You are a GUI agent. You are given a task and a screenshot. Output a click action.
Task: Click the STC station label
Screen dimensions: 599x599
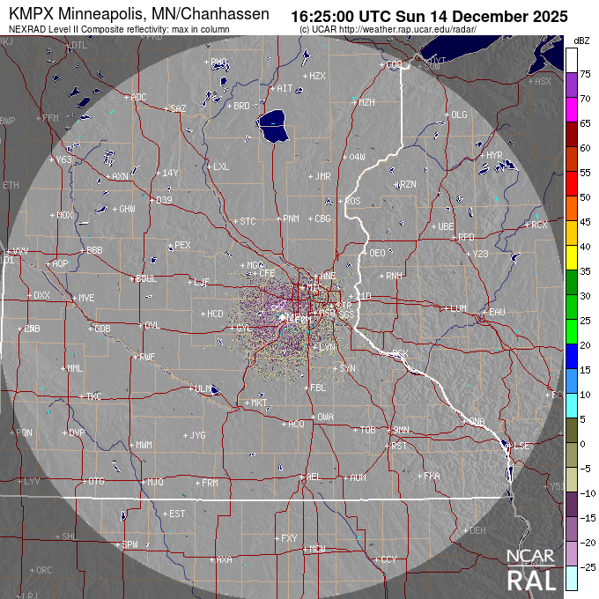pyautogui.click(x=248, y=221)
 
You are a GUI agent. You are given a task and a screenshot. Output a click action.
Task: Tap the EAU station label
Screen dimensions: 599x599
pyautogui.click(x=497, y=312)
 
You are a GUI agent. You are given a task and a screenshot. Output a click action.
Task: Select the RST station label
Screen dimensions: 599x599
pyautogui.click(x=399, y=446)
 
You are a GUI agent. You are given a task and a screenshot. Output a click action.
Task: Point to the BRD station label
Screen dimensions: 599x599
pyautogui.click(x=240, y=106)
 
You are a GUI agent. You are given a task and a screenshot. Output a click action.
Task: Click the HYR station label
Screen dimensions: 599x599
pyautogui.click(x=493, y=155)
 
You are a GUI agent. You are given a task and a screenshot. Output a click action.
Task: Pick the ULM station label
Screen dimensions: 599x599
pyautogui.click(x=203, y=388)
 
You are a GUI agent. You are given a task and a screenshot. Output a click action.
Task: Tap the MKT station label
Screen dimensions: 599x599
pyautogui.click(x=259, y=403)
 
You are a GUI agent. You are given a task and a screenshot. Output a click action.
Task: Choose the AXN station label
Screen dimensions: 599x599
pyautogui.click(x=120, y=176)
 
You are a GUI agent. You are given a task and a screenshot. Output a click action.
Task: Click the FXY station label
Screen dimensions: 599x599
pyautogui.click(x=289, y=537)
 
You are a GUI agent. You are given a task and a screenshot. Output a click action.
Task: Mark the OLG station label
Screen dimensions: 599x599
pyautogui.click(x=459, y=115)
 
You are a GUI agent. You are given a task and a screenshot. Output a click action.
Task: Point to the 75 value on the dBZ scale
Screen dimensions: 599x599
pyautogui.click(x=584, y=75)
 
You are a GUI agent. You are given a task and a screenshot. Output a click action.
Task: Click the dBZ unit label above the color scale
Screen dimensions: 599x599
pyautogui.click(x=581, y=41)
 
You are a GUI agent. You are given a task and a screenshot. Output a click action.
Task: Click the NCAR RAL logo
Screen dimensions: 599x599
pyautogui.click(x=531, y=570)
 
